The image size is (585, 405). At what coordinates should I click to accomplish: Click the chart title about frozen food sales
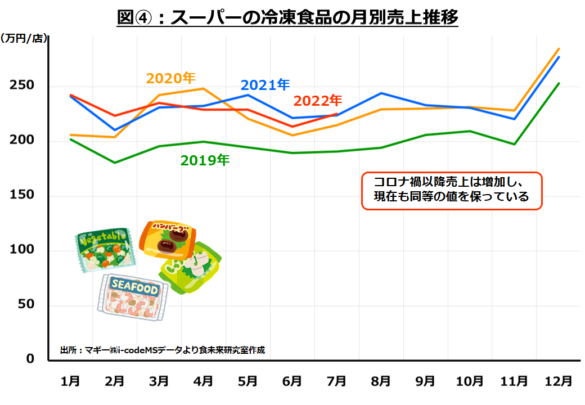pos(287,17)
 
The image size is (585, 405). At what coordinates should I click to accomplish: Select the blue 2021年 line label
pos(265,85)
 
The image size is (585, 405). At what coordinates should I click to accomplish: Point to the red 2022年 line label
pos(318,101)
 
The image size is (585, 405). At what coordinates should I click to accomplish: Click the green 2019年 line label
pos(205,160)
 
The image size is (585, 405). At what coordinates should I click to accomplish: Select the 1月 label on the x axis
pos(70,381)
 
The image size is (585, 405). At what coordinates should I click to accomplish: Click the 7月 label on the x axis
pos(336,381)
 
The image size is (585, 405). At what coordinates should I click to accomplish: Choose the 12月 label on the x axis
pos(558,381)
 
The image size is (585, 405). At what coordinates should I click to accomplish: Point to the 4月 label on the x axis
pos(204,381)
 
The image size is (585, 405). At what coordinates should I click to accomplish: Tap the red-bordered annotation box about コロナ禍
pos(451,191)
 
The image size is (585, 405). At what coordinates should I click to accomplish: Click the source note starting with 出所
pos(163,350)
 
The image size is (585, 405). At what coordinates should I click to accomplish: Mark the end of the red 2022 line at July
pos(336,114)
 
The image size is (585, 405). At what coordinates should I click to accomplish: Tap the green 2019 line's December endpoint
pos(559,84)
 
